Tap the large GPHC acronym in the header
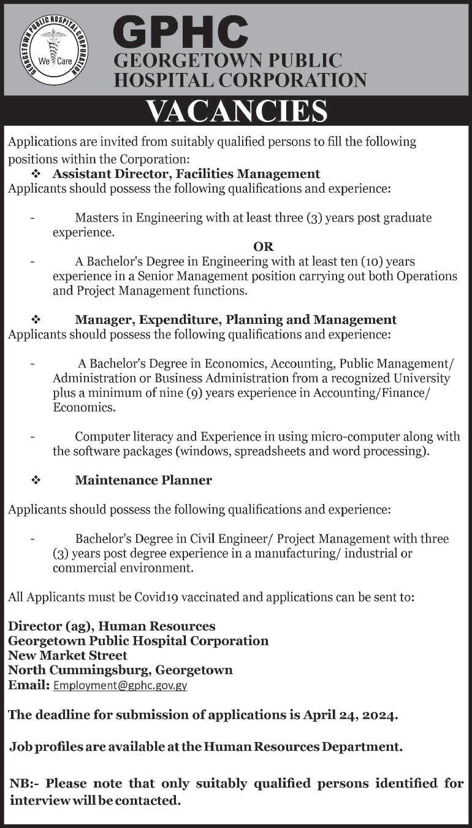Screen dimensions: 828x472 pos(180,34)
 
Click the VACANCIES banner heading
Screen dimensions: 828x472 pos(237,111)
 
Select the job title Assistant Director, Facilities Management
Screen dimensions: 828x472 pos(186,174)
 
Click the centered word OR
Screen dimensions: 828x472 pos(263,247)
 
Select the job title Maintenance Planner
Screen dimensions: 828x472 pos(143,480)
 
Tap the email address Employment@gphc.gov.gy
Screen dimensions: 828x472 pos(120,686)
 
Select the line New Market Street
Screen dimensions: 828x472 pos(68,655)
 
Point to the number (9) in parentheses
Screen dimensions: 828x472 pos(197,393)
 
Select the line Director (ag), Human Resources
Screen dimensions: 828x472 pos(112,626)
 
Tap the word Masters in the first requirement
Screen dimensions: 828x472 pos(97,217)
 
